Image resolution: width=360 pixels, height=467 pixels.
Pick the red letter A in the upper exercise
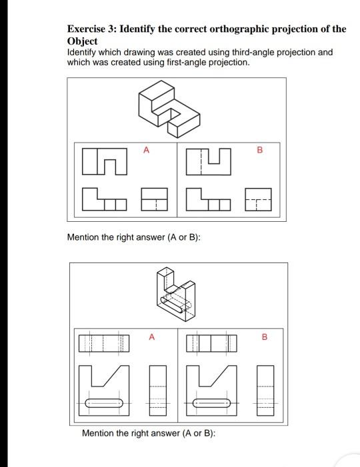(x=146, y=151)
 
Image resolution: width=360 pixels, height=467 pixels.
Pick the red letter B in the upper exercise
(x=260, y=151)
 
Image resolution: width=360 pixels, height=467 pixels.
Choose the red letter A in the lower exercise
(x=151, y=337)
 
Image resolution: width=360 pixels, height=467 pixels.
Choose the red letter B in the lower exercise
(x=264, y=337)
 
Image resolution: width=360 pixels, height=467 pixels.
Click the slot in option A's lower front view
(x=103, y=403)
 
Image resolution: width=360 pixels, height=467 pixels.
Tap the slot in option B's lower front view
(x=212, y=403)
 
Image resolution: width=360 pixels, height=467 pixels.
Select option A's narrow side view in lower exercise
(x=155, y=389)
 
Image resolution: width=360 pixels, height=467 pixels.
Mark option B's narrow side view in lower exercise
(x=265, y=389)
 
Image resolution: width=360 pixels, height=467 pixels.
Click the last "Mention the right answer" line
(x=147, y=434)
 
